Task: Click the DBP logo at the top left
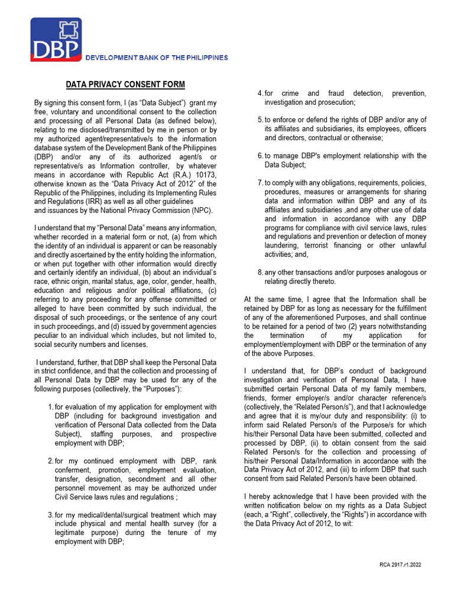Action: (x=56, y=39)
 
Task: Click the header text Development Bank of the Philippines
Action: (x=157, y=57)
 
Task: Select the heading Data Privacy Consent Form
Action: (x=125, y=85)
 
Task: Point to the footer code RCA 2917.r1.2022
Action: (x=400, y=565)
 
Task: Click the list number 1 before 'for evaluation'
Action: (x=50, y=407)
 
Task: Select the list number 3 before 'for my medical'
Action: (x=50, y=516)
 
